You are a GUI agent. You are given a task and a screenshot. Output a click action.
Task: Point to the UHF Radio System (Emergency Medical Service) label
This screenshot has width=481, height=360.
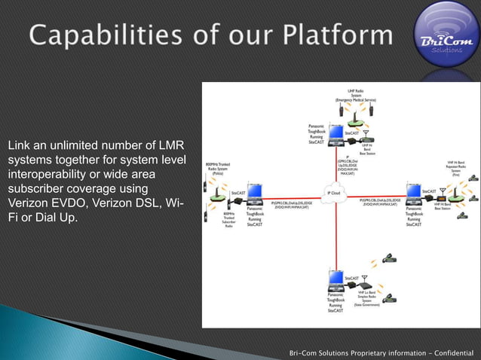(357, 96)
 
